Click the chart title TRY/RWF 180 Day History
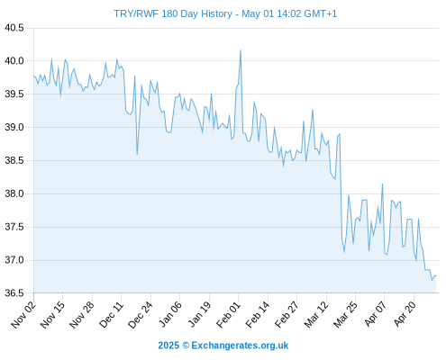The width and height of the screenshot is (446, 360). click(x=173, y=13)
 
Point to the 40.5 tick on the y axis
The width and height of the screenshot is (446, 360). click(x=14, y=28)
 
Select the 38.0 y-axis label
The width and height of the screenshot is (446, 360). click(x=14, y=193)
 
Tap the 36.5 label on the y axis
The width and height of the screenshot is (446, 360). click(x=14, y=293)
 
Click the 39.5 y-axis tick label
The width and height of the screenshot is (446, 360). click(x=14, y=94)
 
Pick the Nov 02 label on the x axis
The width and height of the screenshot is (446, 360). click(x=23, y=314)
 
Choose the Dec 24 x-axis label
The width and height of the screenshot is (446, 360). click(x=141, y=315)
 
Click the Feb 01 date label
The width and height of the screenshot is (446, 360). click(x=229, y=315)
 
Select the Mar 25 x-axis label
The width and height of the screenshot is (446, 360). click(x=345, y=315)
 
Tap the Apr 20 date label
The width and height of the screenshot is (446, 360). click(x=405, y=314)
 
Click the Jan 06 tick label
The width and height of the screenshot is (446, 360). click(x=170, y=314)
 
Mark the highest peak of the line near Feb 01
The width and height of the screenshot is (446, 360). click(x=241, y=50)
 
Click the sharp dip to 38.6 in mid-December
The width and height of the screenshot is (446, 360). click(x=137, y=155)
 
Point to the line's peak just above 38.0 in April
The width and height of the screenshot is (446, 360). click(x=382, y=184)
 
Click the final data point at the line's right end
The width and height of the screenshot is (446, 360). click(x=436, y=275)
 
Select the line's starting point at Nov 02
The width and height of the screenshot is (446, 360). click(x=33, y=76)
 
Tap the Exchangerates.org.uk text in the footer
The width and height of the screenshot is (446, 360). click(x=240, y=346)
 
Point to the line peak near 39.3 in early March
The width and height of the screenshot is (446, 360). click(x=313, y=110)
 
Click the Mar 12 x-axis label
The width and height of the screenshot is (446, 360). click(x=316, y=315)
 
